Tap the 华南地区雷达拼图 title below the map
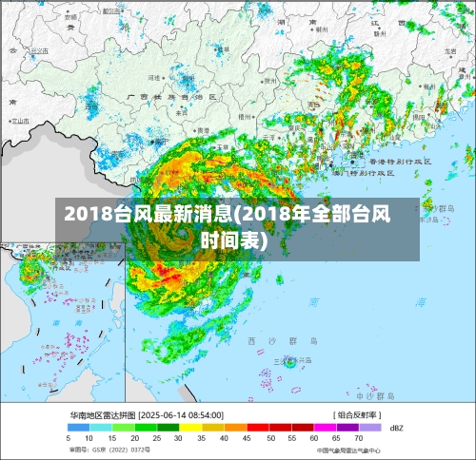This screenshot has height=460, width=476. [x=102, y=416]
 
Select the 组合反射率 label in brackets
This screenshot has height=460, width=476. [x=357, y=416]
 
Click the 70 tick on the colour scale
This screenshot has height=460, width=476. [x=359, y=438]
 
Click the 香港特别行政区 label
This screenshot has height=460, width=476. [x=399, y=163]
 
